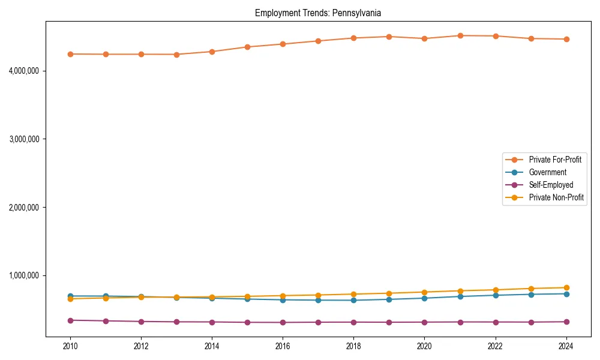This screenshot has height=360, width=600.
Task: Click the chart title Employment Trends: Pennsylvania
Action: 318,13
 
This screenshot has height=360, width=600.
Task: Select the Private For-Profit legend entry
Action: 554,160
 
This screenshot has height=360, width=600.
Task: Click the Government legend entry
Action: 547,172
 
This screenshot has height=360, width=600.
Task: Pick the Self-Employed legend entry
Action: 551,185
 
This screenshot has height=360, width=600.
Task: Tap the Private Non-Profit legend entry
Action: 556,197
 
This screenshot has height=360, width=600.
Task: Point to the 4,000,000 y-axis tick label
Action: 24,71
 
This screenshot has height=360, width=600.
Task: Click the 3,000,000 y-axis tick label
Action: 24,139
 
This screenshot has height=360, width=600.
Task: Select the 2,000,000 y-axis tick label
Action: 24,208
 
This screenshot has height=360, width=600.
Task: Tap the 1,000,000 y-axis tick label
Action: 24,276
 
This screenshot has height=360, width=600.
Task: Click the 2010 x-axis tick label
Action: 70,346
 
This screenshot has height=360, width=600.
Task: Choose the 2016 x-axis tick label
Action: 283,346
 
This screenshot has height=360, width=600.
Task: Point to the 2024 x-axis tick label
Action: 566,346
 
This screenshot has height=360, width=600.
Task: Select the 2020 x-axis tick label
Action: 424,346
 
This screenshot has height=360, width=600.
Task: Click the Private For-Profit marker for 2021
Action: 460,35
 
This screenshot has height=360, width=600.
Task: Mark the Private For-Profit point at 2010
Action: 70,54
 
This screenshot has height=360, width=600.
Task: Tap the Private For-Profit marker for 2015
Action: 247,47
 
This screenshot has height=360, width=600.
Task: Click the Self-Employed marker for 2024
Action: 566,322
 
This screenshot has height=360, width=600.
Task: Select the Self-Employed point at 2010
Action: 70,320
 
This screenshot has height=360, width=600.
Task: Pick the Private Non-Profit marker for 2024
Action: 566,287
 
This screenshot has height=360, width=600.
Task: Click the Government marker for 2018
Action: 353,300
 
